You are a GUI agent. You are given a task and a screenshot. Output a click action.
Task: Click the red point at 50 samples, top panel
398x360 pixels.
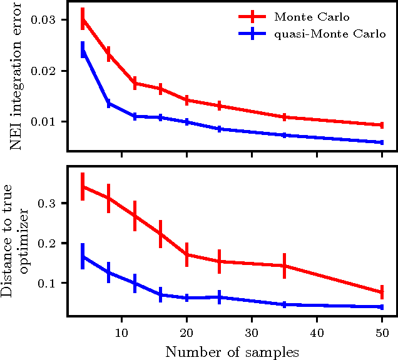(x=382, y=125)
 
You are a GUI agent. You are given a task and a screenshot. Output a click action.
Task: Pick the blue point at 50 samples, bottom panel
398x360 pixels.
(x=382, y=307)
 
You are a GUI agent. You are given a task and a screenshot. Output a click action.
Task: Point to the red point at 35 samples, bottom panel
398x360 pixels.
(x=284, y=266)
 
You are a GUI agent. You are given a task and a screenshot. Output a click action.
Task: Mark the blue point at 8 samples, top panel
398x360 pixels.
(x=109, y=104)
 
